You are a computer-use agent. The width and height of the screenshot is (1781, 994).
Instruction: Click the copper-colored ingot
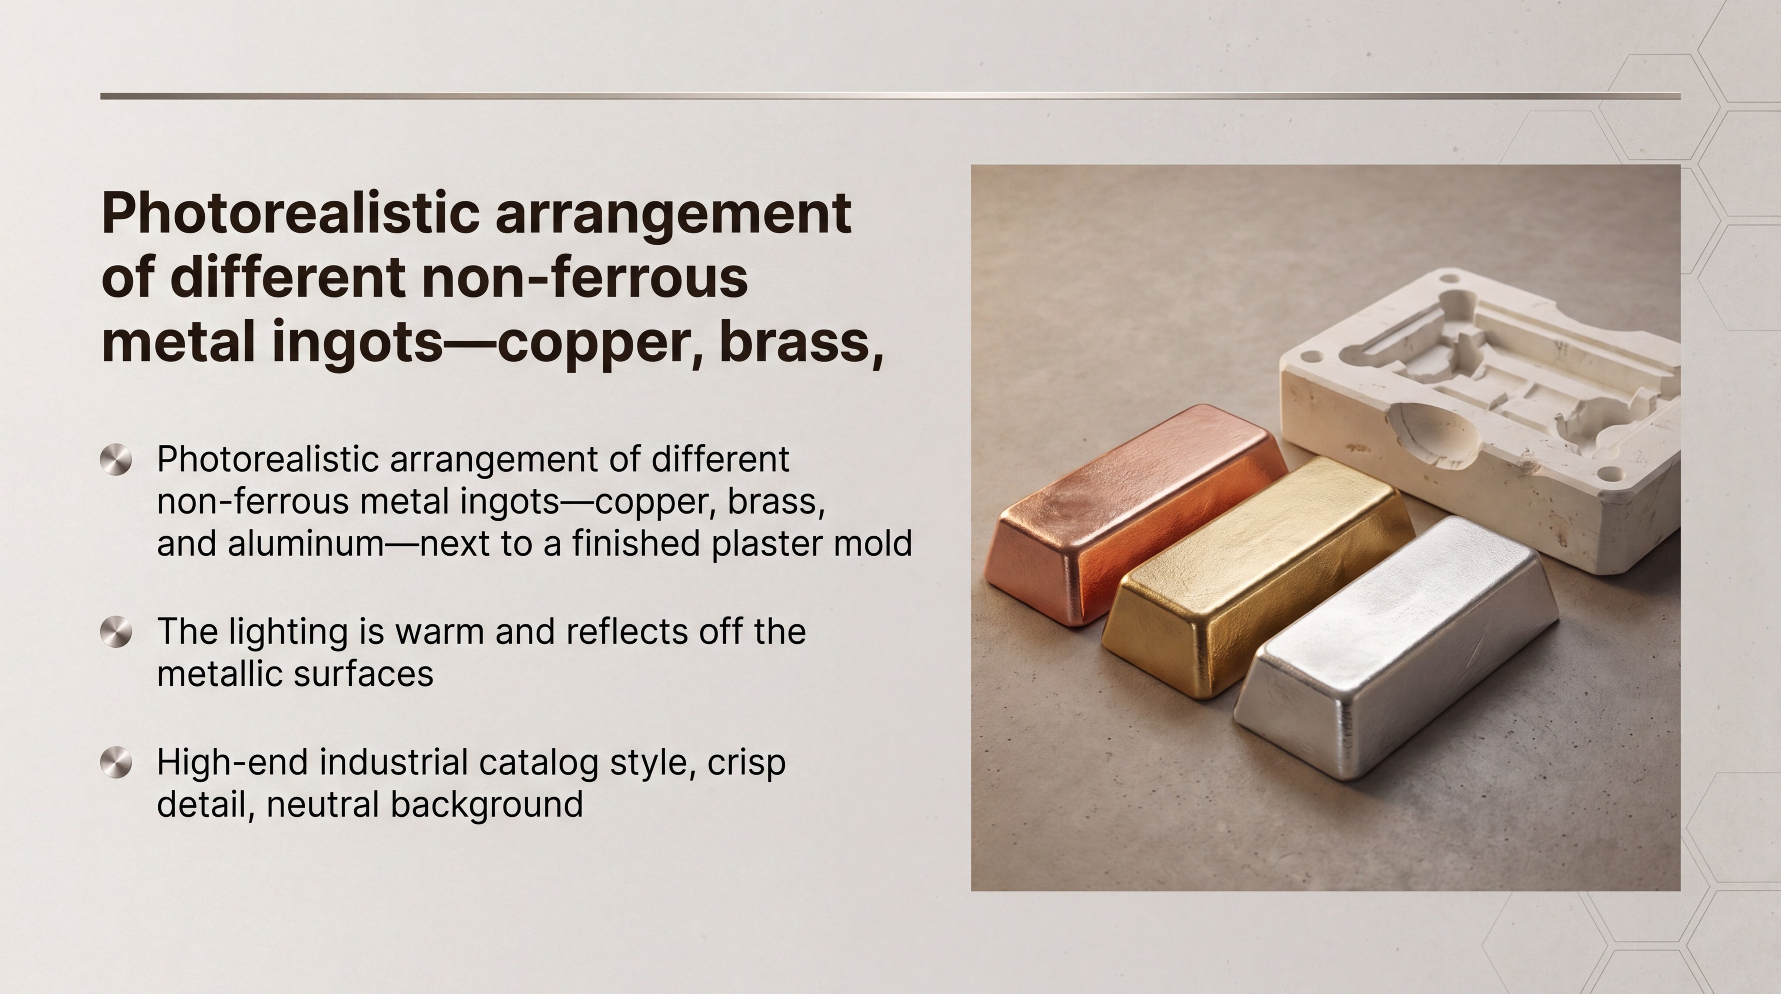pyautogui.click(x=1134, y=515)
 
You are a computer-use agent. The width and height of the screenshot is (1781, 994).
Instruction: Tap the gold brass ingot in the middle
pyautogui.click(x=1258, y=577)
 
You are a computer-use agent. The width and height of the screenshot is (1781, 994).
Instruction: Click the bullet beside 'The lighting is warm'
pyautogui.click(x=116, y=632)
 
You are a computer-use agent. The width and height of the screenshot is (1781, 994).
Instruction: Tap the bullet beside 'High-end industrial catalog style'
pyautogui.click(x=116, y=762)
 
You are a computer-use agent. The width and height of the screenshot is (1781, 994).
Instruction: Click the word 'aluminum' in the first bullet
pyautogui.click(x=306, y=544)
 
